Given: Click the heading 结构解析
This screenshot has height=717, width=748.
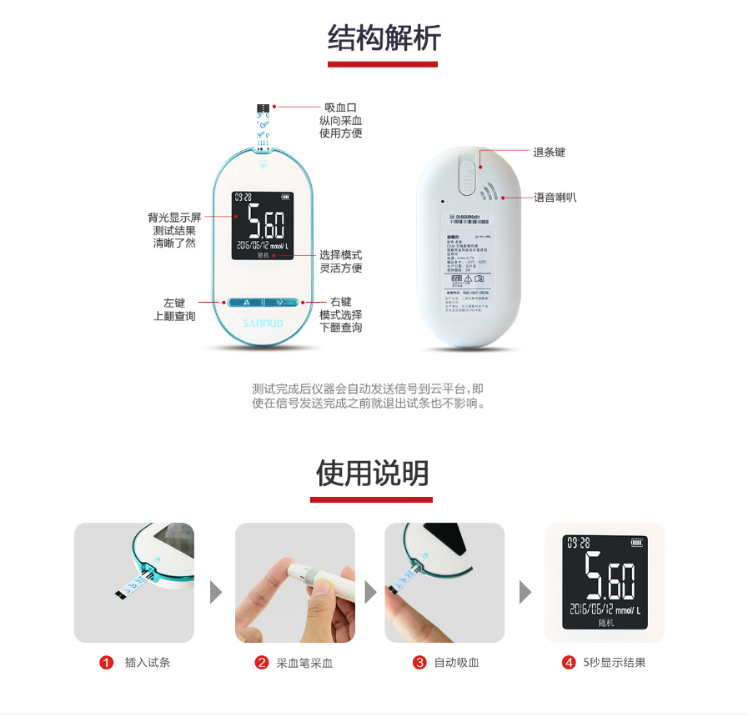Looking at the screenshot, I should pyautogui.click(x=384, y=38).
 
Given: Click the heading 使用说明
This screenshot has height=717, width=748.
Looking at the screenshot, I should pyautogui.click(x=372, y=474).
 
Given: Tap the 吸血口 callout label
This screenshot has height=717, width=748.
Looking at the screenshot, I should pyautogui.click(x=340, y=107).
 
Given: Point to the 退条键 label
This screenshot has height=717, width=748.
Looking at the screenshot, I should pyautogui.click(x=549, y=153).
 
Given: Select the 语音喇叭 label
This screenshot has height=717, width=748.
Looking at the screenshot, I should pyautogui.click(x=555, y=198).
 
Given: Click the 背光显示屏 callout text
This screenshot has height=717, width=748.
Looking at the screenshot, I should pyautogui.click(x=174, y=218).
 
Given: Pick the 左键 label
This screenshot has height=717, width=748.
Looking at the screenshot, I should pyautogui.click(x=174, y=303).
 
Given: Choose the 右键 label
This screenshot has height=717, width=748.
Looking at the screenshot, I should pyautogui.click(x=340, y=302).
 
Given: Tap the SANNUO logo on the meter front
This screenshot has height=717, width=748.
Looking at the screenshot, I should pyautogui.click(x=263, y=321).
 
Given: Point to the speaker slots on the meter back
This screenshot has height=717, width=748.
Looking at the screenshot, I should pyautogui.click(x=489, y=191).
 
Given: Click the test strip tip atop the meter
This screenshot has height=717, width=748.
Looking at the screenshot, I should pyautogui.click(x=263, y=108).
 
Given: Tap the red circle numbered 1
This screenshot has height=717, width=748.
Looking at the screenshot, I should pyautogui.click(x=106, y=663).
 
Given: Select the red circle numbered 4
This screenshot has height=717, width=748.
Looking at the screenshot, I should pyautogui.click(x=569, y=663).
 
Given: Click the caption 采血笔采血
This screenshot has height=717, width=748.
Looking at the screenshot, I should pyautogui.click(x=304, y=664).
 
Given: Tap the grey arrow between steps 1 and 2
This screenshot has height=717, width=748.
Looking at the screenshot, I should pyautogui.click(x=216, y=593).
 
